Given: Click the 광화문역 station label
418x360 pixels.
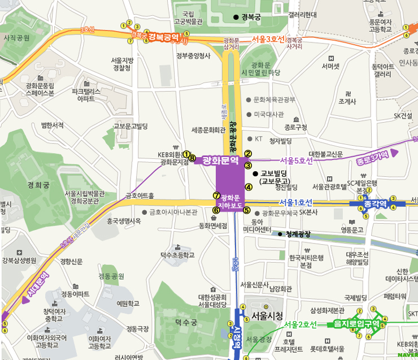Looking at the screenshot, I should pyautogui.click(x=221, y=160).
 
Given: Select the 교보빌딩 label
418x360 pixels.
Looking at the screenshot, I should pyautogui.click(x=274, y=174).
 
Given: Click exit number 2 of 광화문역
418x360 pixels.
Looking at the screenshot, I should pyautogui.click(x=248, y=153).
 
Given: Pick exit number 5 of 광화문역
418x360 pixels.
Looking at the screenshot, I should pyautogui.click(x=246, y=210).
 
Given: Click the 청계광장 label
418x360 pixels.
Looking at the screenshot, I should pyautogui.click(x=299, y=234).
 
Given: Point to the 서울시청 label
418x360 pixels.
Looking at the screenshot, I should pyautogui.click(x=267, y=316).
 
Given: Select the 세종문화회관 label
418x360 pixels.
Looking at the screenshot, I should pyautogui.click(x=208, y=129).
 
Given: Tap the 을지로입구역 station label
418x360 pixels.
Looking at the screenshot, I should pyautogui.click(x=356, y=324).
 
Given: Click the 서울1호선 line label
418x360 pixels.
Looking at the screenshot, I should pyautogui.click(x=295, y=202).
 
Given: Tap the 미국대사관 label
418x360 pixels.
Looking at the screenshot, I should pyautogui.click(x=269, y=114).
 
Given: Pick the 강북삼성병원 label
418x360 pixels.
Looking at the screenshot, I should pyautogui.click(x=19, y=261).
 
